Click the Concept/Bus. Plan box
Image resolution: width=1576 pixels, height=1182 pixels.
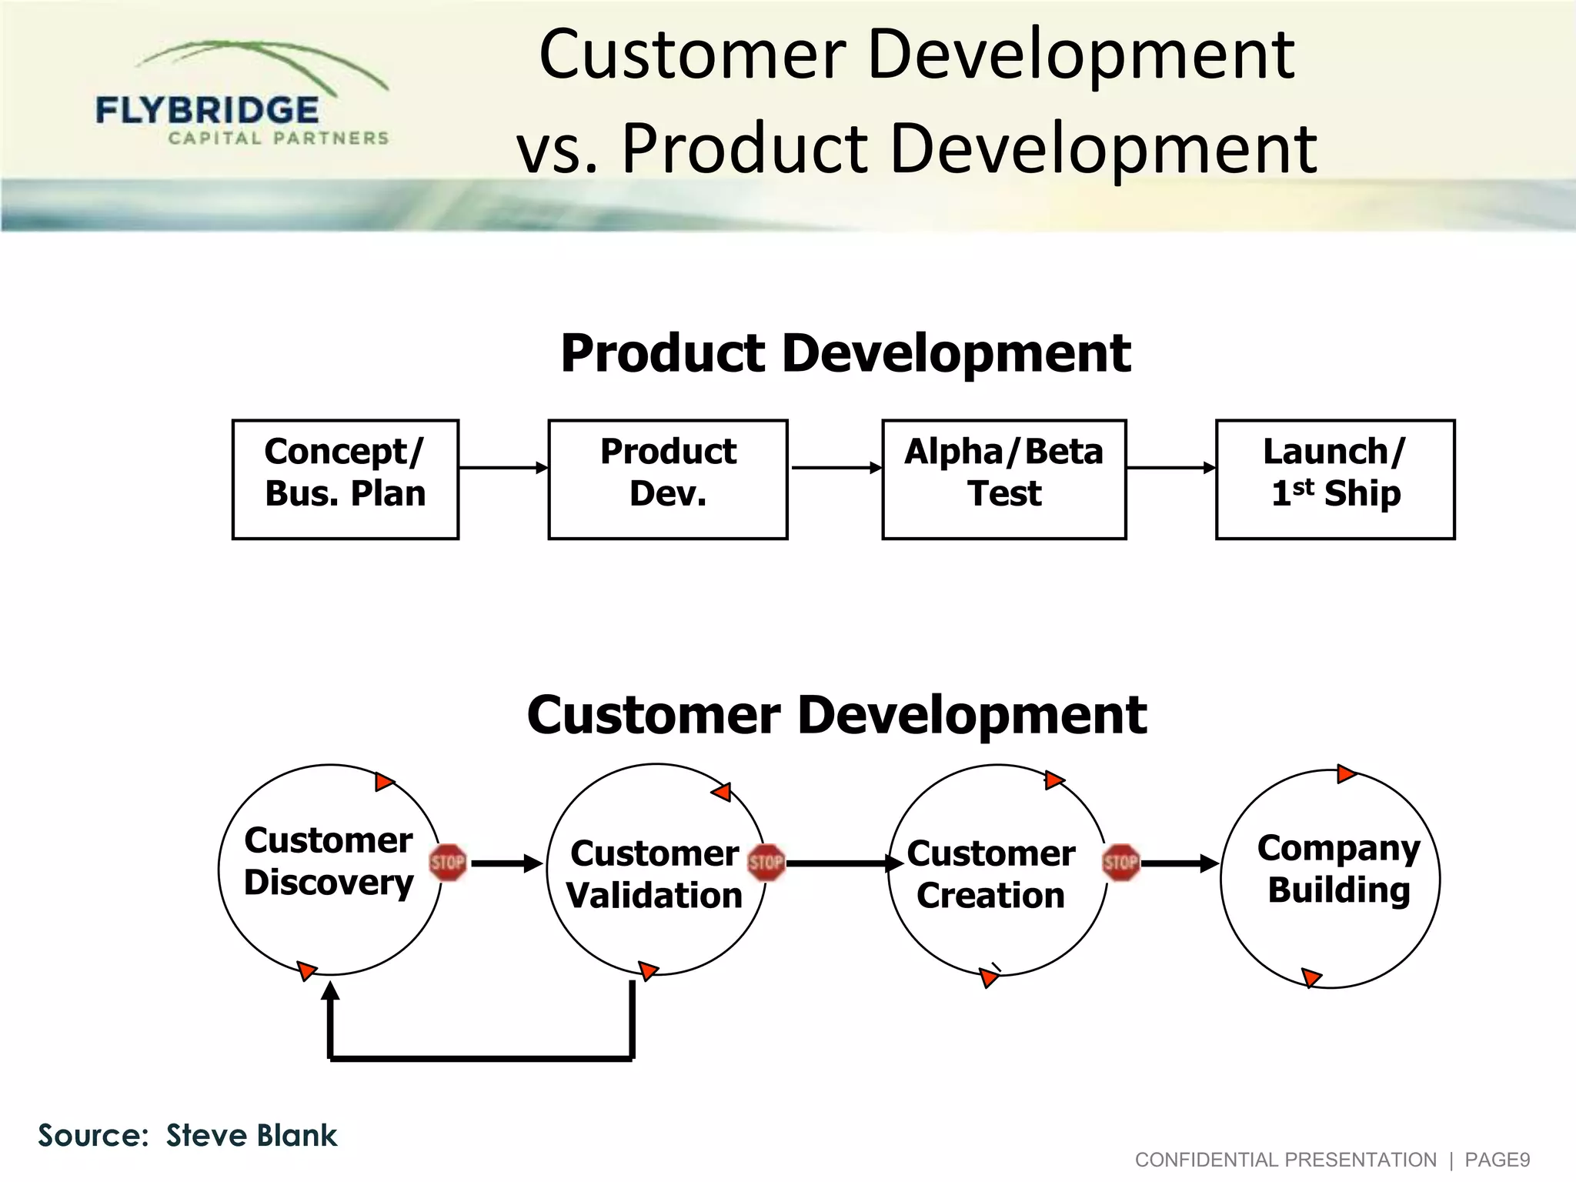click(345, 479)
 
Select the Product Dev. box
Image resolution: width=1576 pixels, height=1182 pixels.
click(667, 479)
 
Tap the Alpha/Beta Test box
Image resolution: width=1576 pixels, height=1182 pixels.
click(1003, 479)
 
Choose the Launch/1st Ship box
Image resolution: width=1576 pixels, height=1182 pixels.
click(1335, 479)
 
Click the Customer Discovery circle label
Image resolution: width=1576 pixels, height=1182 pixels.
click(329, 861)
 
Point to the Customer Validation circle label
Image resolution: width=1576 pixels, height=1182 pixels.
click(655, 874)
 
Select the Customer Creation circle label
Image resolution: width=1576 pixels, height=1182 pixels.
click(990, 874)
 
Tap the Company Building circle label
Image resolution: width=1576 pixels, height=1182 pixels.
click(1338, 869)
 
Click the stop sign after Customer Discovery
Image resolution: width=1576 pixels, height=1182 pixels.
click(447, 863)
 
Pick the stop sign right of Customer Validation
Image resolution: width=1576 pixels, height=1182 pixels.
click(766, 863)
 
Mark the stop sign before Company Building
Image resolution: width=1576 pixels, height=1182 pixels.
click(1120, 863)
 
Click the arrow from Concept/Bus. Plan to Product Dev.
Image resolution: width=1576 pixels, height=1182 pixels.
click(503, 467)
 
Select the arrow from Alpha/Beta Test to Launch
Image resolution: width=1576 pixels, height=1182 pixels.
click(1170, 467)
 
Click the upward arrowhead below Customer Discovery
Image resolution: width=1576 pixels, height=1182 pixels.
click(330, 990)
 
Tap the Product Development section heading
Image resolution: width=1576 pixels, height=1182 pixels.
click(845, 353)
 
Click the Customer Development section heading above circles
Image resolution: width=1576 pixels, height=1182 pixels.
click(836, 715)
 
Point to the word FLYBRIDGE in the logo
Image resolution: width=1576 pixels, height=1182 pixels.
click(207, 111)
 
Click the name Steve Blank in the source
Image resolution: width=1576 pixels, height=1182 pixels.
click(252, 1136)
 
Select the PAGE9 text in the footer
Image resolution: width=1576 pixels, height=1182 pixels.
click(1497, 1160)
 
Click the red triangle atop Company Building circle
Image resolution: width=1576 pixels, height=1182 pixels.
click(1345, 773)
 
